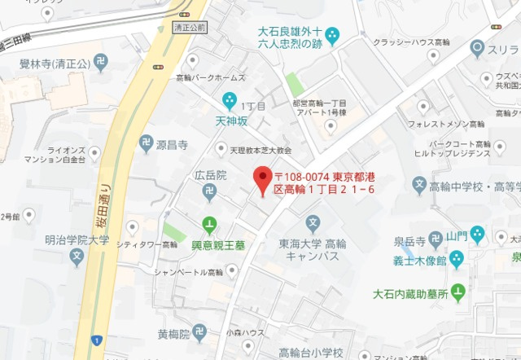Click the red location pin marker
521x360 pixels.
click(262, 179)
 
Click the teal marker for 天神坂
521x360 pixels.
click(230, 101)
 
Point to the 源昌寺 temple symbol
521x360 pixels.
click(146, 144)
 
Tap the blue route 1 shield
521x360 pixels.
click(97, 339)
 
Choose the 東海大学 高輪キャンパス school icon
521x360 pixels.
click(313, 223)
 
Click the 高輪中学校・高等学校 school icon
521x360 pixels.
click(420, 187)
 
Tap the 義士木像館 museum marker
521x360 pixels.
click(457, 259)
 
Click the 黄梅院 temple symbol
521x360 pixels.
click(200, 332)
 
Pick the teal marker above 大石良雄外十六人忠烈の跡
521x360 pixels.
click(332, 36)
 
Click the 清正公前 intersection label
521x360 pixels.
click(190, 27)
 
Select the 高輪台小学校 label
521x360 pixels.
click(310, 352)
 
